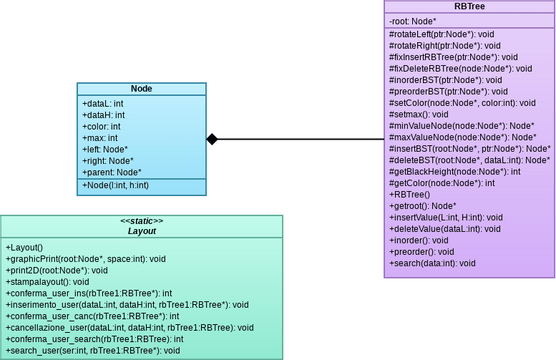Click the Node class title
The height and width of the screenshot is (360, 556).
click(141, 88)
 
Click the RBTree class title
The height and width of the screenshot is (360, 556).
click(470, 7)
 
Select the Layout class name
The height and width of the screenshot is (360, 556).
click(141, 231)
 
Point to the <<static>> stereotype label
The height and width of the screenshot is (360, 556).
click(141, 220)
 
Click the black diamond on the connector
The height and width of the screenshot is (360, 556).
click(212, 139)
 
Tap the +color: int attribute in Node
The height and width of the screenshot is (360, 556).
click(101, 127)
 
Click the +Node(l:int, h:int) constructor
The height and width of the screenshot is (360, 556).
click(117, 186)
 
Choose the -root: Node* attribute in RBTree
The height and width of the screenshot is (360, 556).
click(415, 21)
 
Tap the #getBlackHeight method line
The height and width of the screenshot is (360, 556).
click(454, 172)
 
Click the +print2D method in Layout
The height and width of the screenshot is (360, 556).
click(57, 270)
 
